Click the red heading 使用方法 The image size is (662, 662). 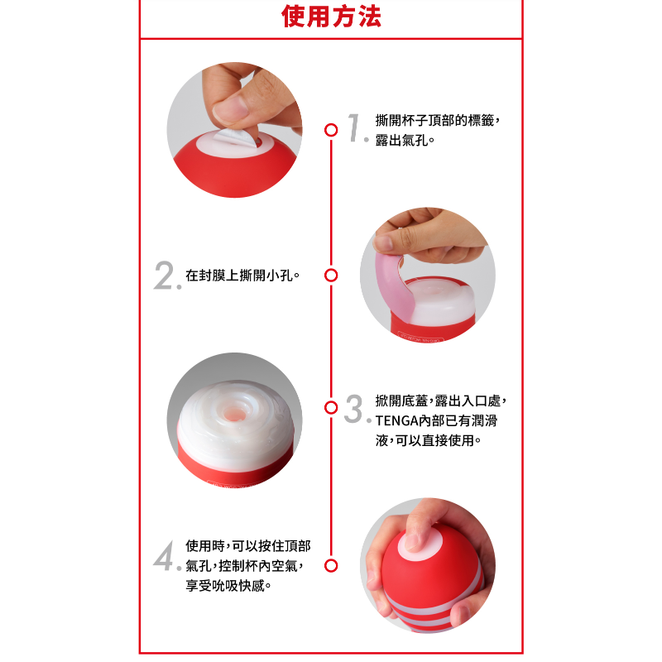click(x=332, y=17)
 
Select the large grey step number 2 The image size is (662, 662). click(x=164, y=275)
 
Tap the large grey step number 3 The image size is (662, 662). click(x=354, y=408)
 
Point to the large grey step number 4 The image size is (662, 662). click(x=164, y=555)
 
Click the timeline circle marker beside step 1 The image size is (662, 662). click(x=331, y=130)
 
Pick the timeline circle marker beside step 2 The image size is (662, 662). click(x=331, y=276)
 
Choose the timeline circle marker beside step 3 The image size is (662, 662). click(x=331, y=407)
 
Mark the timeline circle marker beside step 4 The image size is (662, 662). click(x=331, y=565)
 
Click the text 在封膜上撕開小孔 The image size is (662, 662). click(x=239, y=276)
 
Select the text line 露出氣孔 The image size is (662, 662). click(x=401, y=140)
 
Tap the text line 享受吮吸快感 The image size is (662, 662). click(x=225, y=586)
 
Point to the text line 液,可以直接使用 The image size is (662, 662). click(x=425, y=440)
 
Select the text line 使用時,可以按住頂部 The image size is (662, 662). click(x=247, y=546)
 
